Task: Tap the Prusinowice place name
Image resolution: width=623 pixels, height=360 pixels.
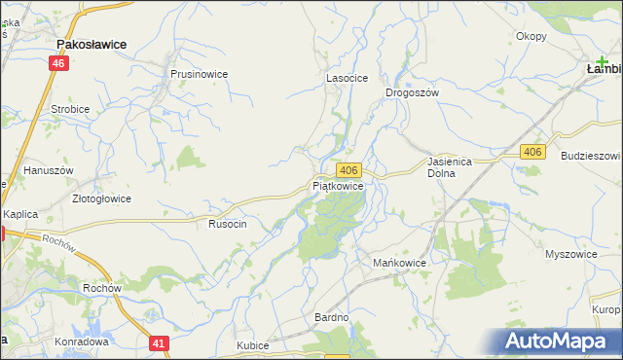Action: pyautogui.click(x=199, y=73)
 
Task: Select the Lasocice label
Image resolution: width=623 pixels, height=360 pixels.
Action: pyautogui.click(x=346, y=79)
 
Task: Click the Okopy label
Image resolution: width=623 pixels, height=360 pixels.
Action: pyautogui.click(x=531, y=36)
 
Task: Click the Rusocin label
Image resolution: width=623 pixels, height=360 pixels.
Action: pyautogui.click(x=228, y=224)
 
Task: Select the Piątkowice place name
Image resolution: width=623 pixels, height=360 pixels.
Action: pyautogui.click(x=338, y=185)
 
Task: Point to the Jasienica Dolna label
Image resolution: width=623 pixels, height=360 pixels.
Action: pyautogui.click(x=449, y=167)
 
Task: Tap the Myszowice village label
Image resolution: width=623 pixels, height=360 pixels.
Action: pyautogui.click(x=570, y=254)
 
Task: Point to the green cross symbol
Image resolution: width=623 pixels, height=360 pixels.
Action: pyautogui.click(x=603, y=61)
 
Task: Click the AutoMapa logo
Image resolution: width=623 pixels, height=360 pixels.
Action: pyautogui.click(x=560, y=341)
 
